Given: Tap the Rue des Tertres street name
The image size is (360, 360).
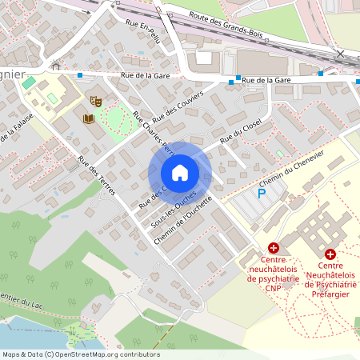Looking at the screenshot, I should click(x=98, y=174).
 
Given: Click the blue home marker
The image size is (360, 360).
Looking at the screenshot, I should click(x=180, y=173).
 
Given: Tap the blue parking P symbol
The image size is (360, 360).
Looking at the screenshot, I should click(x=261, y=193).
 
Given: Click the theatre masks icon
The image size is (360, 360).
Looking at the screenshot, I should click(x=95, y=101).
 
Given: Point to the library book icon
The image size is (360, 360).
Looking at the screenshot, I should click(x=88, y=119).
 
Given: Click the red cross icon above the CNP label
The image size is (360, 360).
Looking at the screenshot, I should click(x=273, y=249).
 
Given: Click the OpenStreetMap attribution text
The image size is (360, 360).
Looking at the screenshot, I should click(x=80, y=354).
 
